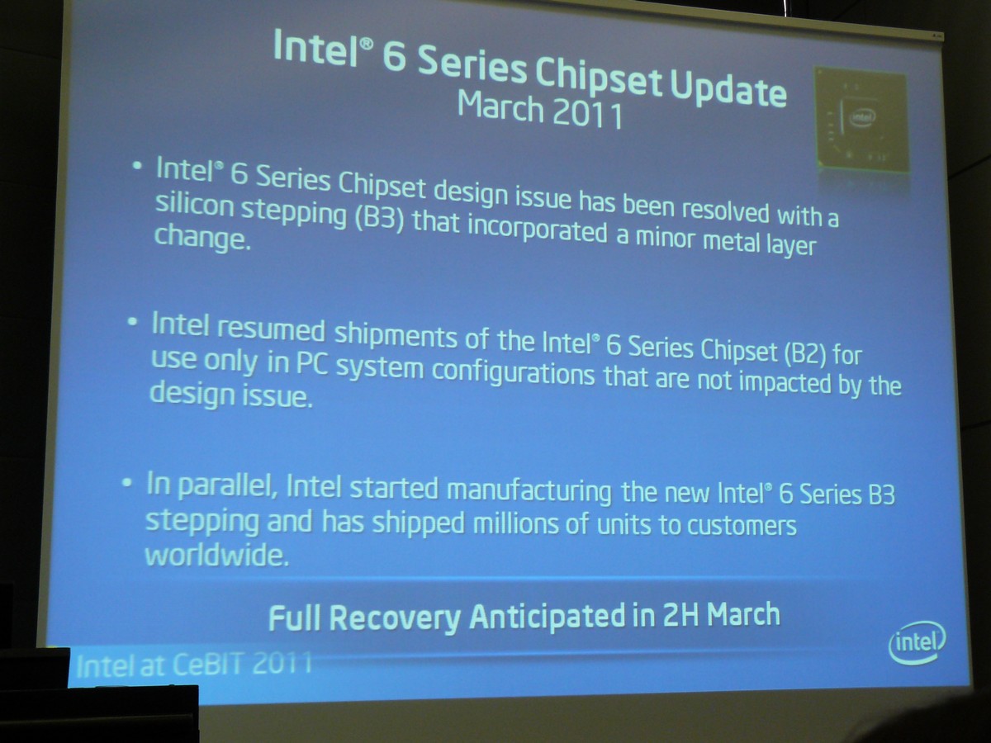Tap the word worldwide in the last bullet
(216, 556)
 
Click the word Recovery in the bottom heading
(395, 618)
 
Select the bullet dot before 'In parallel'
(127, 483)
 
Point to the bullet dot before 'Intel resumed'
(132, 322)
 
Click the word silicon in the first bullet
(195, 206)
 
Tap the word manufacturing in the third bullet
(529, 492)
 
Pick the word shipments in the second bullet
(396, 334)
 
